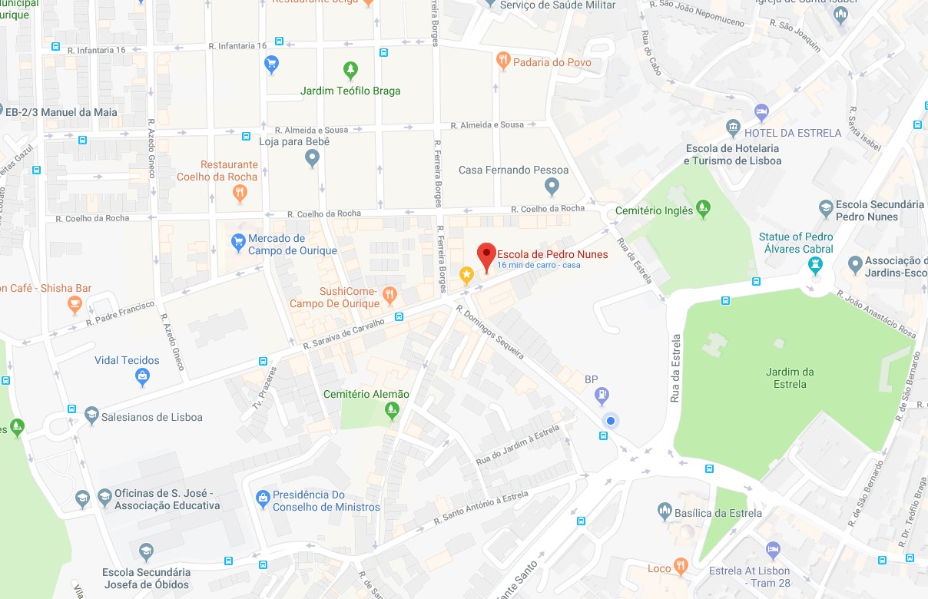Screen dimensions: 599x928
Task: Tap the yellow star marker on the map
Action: coord(466,274)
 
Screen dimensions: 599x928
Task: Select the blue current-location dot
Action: coord(611,420)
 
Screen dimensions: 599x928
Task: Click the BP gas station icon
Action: coord(603,395)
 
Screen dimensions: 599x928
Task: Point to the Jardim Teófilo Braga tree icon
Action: coord(350,71)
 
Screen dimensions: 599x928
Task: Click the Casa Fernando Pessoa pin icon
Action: coord(552,185)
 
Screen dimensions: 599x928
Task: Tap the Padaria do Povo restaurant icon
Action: coord(503,60)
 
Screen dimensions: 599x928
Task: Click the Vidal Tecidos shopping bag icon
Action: coord(142,377)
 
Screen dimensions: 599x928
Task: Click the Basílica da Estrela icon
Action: coord(665,511)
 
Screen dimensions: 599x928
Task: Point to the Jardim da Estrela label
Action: coord(790,378)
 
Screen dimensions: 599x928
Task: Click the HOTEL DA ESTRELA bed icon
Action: coord(761,113)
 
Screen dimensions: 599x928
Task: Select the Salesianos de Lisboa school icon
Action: coord(92,415)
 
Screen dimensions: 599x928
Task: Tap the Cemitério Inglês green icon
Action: coord(703,208)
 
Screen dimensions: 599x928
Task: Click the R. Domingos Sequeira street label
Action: coord(490,332)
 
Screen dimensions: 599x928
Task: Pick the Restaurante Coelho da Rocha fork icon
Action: coord(240,193)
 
